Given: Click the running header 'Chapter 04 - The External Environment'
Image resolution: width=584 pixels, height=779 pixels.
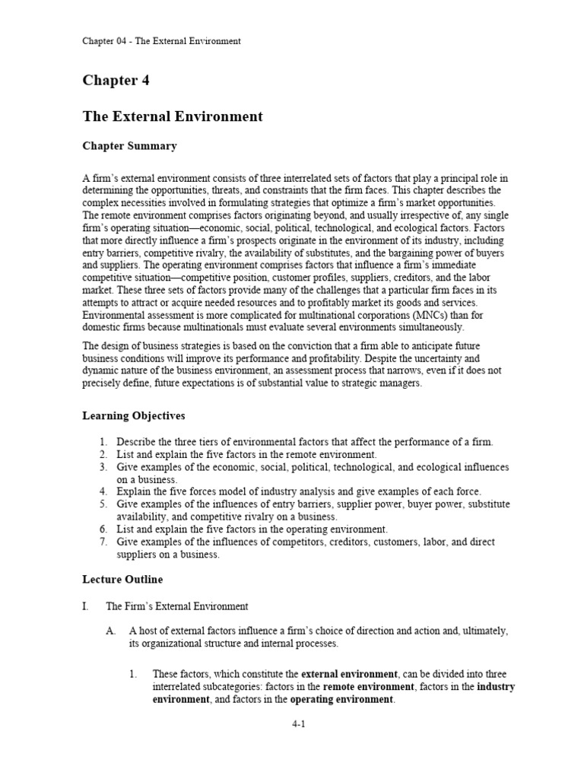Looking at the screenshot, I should pyautogui.click(x=161, y=41).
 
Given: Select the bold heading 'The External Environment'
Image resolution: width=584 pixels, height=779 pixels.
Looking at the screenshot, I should pyautogui.click(x=172, y=116).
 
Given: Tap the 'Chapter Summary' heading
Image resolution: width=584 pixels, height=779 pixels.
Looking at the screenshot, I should pyautogui.click(x=129, y=146).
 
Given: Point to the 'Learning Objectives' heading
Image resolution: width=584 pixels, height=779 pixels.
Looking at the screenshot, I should pyautogui.click(x=133, y=416).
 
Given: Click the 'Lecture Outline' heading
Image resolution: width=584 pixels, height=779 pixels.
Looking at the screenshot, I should pyautogui.click(x=122, y=580).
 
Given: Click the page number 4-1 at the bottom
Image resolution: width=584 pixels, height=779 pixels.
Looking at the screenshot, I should pyautogui.click(x=298, y=725).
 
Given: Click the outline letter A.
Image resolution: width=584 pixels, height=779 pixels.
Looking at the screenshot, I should pyautogui.click(x=110, y=631).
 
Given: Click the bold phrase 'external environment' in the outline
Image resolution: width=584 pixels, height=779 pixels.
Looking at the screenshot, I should pyautogui.click(x=349, y=674).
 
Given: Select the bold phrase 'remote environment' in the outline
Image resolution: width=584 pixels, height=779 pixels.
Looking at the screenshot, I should pyautogui.click(x=368, y=687).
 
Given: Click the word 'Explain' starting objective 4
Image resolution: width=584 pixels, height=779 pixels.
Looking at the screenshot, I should pyautogui.click(x=134, y=491).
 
